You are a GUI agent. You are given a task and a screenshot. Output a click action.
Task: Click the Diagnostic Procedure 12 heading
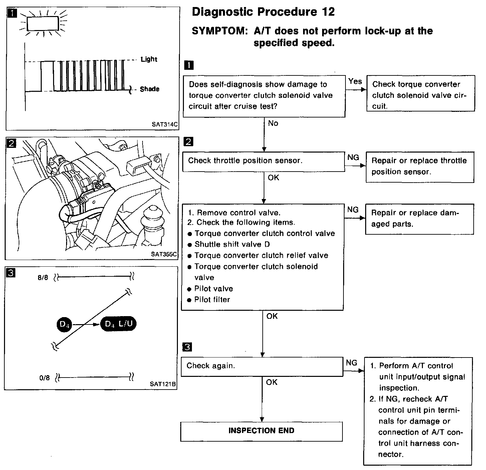coord(263,12)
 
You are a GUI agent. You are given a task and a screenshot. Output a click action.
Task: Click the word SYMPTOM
coord(219,31)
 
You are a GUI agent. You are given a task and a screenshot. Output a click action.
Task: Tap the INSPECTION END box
coord(261,431)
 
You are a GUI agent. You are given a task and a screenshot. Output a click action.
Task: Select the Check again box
coord(262,366)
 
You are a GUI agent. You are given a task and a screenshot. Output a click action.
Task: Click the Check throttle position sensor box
coord(263,161)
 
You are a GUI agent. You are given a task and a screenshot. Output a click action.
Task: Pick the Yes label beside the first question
coord(355,81)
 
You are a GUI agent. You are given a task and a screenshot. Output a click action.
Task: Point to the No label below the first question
coord(273,124)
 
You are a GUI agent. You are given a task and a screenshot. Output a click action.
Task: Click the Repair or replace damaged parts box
coord(419,219)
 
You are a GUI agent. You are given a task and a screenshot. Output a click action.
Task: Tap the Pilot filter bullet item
coord(212,300)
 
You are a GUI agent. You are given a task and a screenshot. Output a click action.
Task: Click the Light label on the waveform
coord(149,59)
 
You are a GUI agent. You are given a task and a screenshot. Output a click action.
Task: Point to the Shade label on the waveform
coord(150,89)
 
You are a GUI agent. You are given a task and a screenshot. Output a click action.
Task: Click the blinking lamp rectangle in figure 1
coord(43,23)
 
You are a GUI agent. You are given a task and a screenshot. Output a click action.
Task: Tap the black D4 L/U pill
coord(118,324)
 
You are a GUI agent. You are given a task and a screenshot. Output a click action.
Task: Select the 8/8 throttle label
coord(43,277)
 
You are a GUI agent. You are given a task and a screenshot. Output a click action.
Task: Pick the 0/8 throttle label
coord(44,378)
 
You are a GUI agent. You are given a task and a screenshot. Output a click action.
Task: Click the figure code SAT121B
coord(163,384)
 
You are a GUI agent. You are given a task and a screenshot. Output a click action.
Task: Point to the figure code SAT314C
coord(165,125)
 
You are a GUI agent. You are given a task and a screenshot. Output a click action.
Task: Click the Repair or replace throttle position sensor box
coord(420,166)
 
